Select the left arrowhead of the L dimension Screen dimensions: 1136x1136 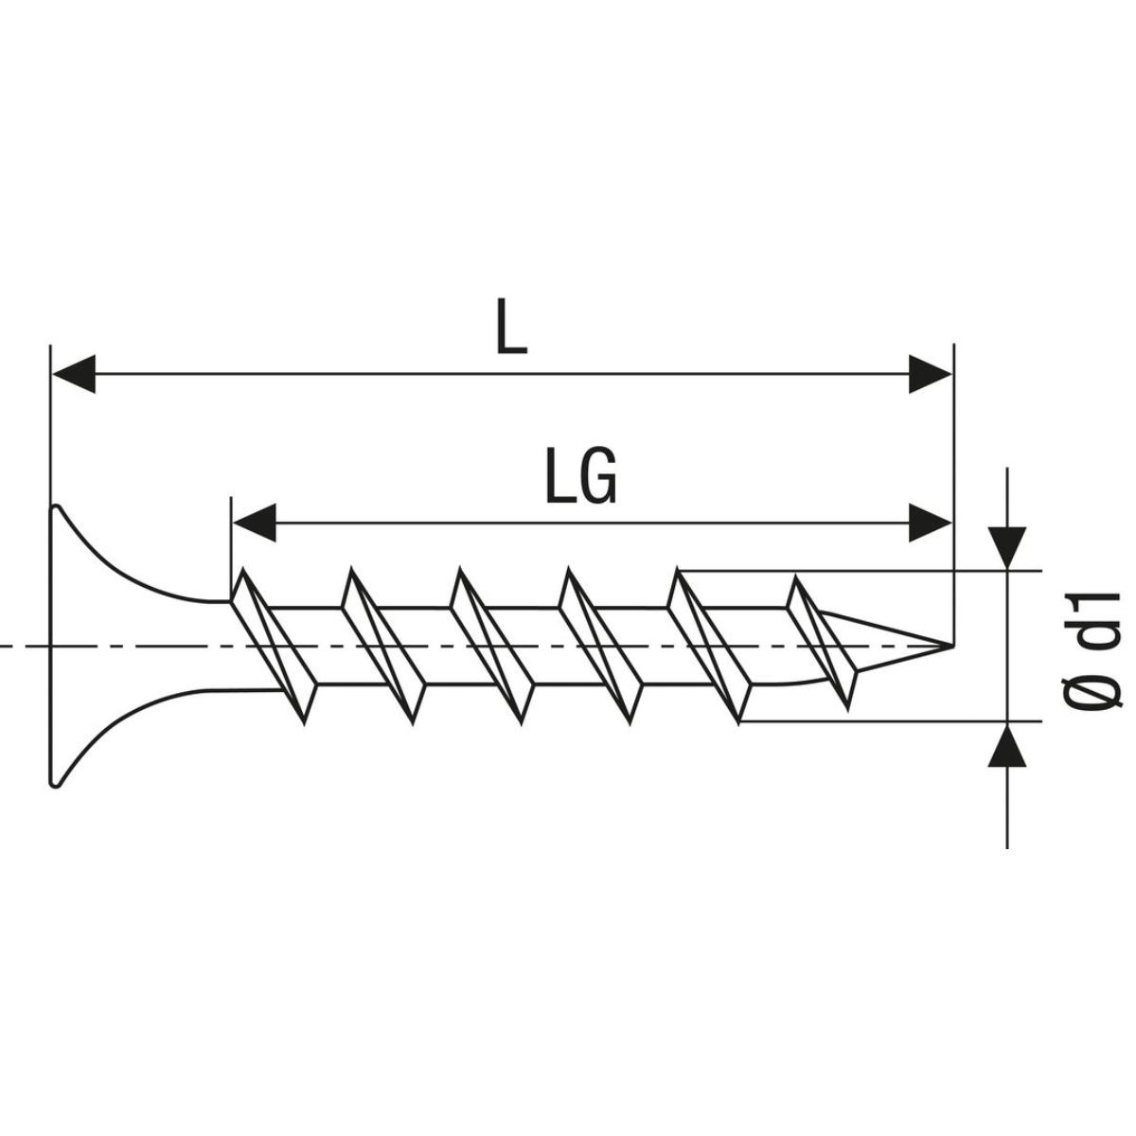(x=74, y=374)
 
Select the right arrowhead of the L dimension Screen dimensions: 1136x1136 (x=930, y=374)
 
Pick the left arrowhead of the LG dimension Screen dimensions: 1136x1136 (x=255, y=523)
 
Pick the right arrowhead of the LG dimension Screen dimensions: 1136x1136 (x=930, y=523)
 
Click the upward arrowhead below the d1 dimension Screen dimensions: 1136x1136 (x=1007, y=745)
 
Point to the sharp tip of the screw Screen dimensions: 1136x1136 (x=953, y=647)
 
